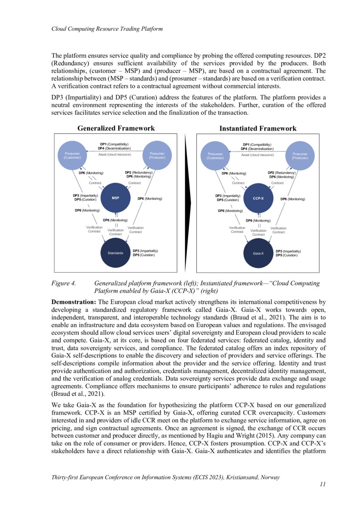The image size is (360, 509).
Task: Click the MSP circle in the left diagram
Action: tap(115, 198)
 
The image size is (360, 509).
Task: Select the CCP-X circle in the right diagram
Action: tap(258, 198)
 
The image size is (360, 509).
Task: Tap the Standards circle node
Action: tap(115, 253)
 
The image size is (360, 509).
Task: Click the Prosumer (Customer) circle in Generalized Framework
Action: tap(72, 155)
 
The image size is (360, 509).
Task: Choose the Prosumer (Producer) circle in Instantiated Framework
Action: tap(300, 155)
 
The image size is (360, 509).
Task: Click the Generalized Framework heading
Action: tap(115, 128)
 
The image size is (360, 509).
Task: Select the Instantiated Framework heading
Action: tap(258, 128)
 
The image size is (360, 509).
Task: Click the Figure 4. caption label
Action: tap(64, 283)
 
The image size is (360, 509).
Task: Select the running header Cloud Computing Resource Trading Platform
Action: tap(107, 29)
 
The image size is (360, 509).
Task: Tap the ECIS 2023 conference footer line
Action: tap(165, 477)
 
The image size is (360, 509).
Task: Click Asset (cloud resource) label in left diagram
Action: tap(114, 155)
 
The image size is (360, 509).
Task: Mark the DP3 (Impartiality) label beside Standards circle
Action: tap(145, 251)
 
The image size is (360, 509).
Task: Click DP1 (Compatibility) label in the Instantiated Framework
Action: tap(257, 145)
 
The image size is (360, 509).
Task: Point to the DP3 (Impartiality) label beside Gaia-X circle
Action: tap(288, 251)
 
